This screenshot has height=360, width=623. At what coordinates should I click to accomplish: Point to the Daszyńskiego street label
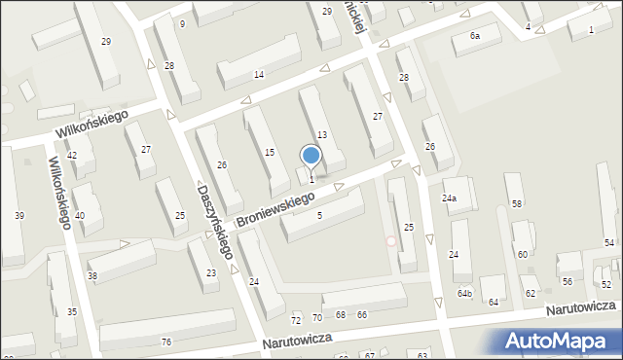215,222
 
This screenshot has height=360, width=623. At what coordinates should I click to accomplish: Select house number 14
259,75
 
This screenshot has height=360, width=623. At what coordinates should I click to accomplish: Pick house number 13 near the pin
321,134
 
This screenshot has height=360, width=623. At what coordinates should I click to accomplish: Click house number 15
271,152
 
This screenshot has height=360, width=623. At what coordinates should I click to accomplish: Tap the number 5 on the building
319,216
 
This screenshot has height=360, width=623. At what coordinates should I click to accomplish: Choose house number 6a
475,35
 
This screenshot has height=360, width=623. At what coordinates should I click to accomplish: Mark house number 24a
449,198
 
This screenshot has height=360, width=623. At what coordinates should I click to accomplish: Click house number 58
517,203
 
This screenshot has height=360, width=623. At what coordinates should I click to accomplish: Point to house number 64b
465,294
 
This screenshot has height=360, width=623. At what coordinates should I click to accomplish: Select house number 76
166,342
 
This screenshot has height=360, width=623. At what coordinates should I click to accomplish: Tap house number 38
92,276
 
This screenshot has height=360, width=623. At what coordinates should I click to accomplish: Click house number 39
18,215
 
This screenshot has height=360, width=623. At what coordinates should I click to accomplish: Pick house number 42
72,156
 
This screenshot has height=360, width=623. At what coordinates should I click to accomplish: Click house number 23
211,274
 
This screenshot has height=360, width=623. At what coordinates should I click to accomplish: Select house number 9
182,23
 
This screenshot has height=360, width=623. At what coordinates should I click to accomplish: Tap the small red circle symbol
391,240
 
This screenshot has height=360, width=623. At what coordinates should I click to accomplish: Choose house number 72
296,319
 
